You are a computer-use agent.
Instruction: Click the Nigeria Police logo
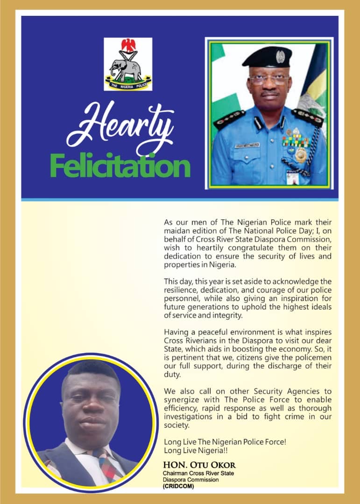(128, 64)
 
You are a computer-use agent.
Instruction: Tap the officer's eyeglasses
(268, 80)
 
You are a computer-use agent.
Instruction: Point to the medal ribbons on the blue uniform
(296, 140)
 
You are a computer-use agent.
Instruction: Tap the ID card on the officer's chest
(292, 176)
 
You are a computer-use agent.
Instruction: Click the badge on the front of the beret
(280, 56)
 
